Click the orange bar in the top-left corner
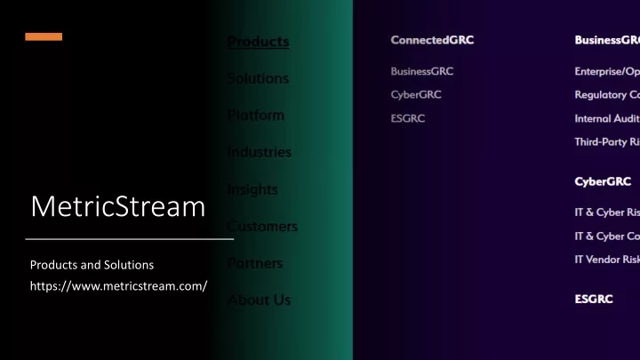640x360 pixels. point(44,36)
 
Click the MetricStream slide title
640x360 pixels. point(117,206)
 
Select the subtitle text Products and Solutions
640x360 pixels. point(92,265)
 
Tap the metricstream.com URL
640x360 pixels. point(118,285)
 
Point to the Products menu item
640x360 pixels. point(258,41)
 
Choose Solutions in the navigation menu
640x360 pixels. point(258,78)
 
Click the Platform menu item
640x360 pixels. point(256,115)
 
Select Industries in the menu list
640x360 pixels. point(259,152)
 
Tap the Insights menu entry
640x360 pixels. point(252,189)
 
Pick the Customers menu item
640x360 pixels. point(262,226)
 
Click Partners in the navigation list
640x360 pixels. point(256,263)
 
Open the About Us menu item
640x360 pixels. point(259,300)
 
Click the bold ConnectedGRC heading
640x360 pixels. point(431,40)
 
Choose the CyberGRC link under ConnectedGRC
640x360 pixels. point(416,94)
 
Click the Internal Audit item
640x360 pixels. point(607,118)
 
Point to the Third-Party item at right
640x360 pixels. point(607,142)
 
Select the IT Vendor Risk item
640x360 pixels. point(607,259)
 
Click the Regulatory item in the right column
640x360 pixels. point(607,94)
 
